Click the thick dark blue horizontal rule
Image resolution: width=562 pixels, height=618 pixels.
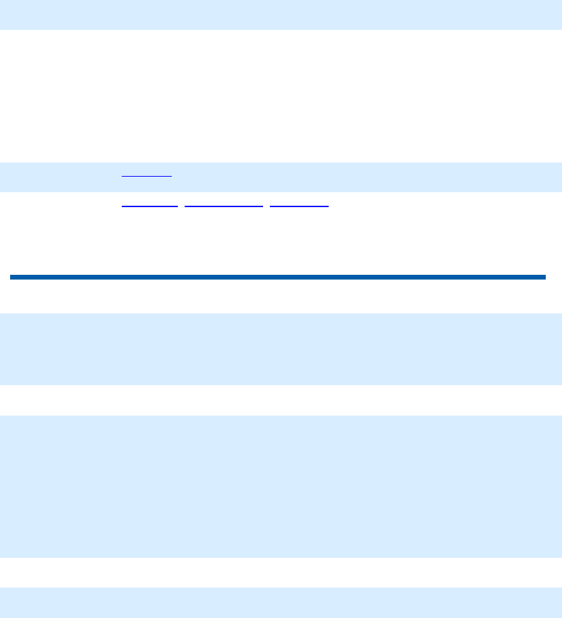point(277,277)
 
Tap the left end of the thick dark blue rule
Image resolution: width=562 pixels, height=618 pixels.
point(12,277)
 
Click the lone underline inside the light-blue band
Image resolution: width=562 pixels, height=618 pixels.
point(147,176)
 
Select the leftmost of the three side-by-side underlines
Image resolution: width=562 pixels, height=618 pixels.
point(149,205)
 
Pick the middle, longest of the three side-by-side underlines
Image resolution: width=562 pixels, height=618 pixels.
point(224,205)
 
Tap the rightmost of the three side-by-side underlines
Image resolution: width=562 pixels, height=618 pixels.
point(299,205)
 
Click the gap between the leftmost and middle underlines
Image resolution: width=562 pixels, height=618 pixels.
point(181,205)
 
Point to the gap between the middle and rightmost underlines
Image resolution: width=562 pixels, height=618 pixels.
point(266,205)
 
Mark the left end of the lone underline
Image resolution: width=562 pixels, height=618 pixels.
point(122,176)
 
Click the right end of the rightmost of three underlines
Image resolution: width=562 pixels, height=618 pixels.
point(328,205)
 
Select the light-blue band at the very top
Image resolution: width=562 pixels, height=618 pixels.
point(281,14)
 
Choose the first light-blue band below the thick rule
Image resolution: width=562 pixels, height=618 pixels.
point(281,349)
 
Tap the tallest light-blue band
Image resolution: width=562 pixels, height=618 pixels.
point(281,486)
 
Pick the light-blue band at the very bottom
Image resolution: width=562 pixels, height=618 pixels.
point(281,602)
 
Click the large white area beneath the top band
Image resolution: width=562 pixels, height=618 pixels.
point(281,95)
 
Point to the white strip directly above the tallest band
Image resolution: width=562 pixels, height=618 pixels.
point(281,400)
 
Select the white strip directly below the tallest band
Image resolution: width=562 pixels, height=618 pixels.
point(281,572)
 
